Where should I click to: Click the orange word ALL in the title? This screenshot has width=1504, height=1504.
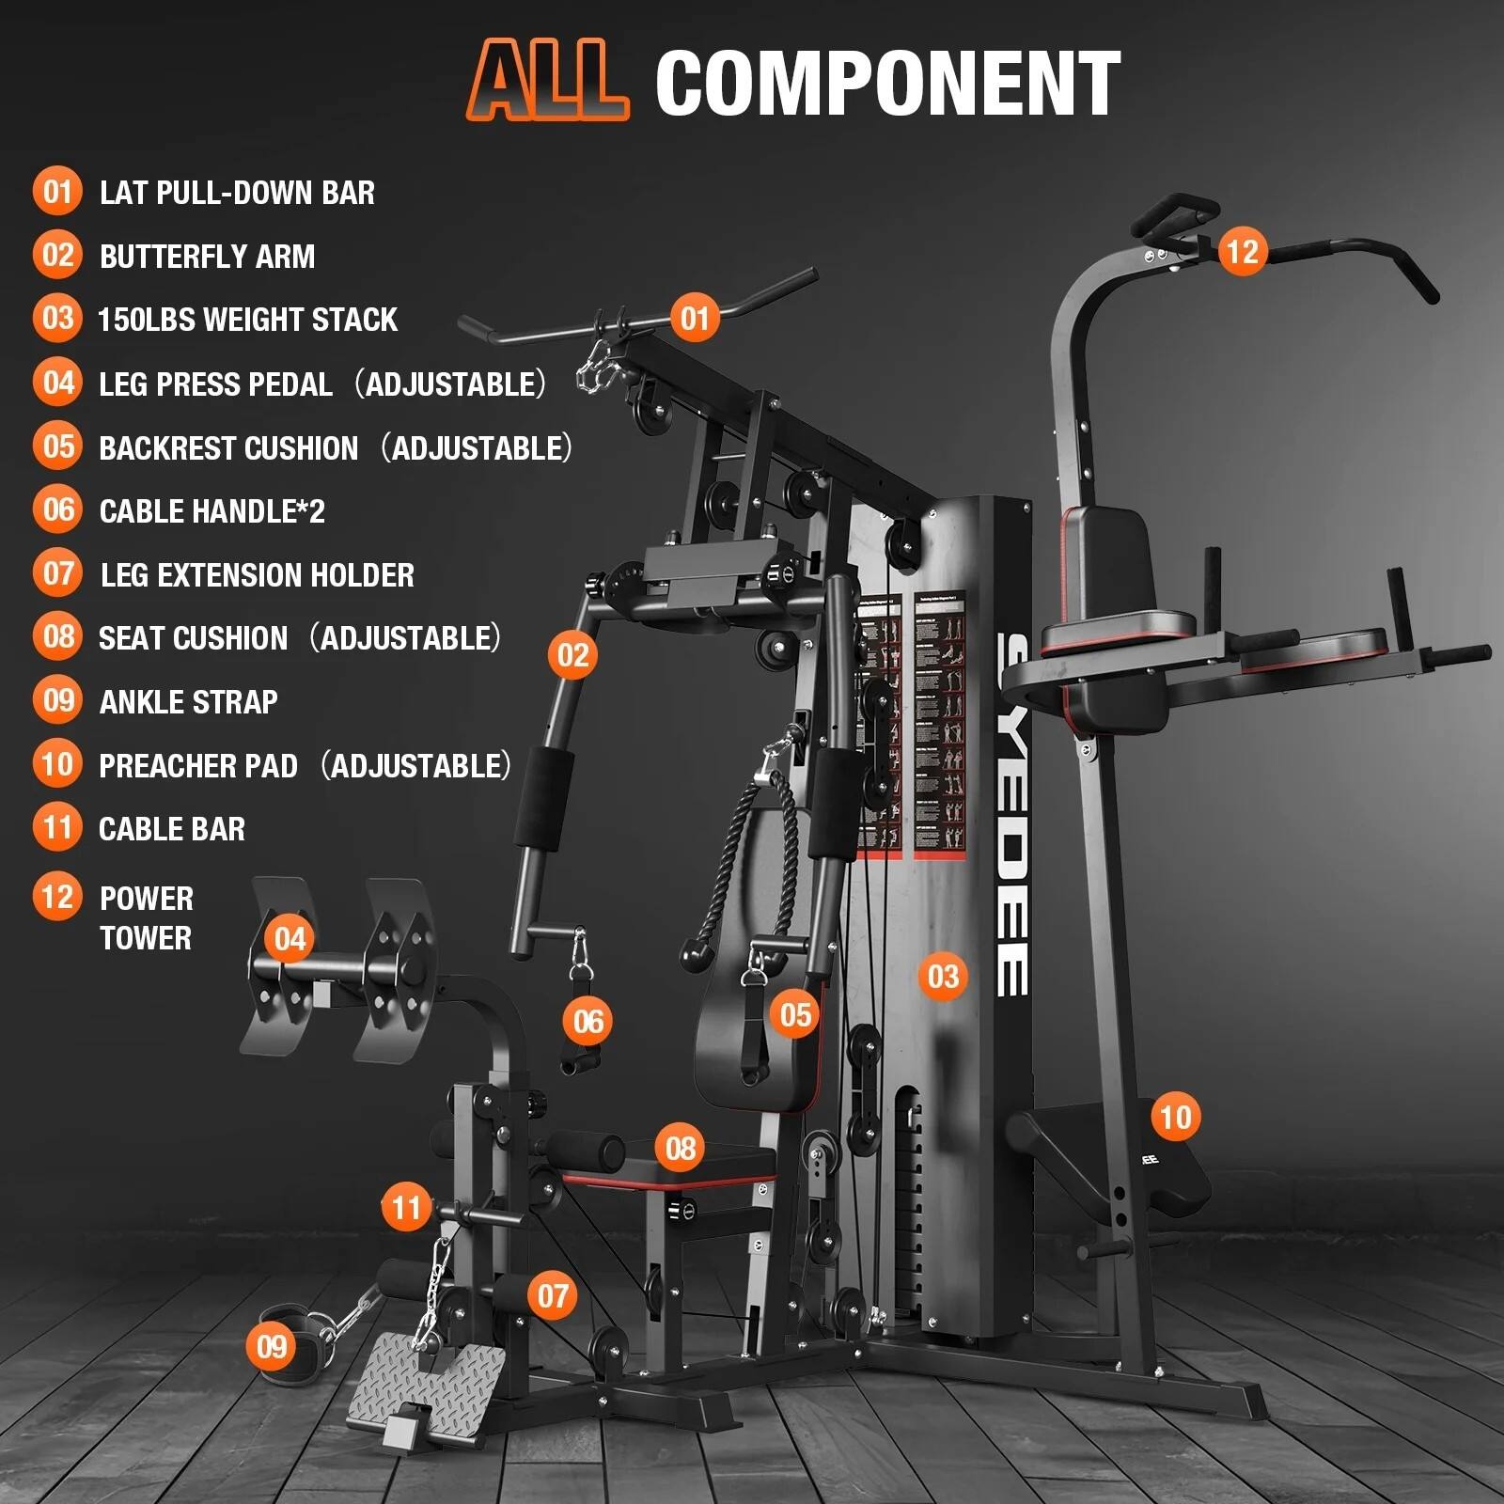point(549,82)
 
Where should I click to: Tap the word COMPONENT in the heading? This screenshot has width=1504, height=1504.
point(887,83)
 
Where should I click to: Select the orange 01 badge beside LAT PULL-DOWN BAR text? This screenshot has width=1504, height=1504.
point(57,192)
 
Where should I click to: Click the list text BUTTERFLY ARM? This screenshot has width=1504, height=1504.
point(207,257)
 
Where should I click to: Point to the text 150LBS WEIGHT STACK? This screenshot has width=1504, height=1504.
point(248,320)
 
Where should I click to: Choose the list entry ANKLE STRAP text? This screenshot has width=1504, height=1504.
point(188,702)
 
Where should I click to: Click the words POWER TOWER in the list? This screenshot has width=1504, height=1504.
point(146,917)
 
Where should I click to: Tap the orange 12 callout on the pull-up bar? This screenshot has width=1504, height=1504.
point(1242,251)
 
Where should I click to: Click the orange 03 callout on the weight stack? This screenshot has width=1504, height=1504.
point(943,977)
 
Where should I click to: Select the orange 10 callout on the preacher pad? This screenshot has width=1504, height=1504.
point(1175,1117)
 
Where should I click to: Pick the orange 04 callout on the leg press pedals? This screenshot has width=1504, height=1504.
point(290,939)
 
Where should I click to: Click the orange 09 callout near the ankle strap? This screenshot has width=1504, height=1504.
point(272,1346)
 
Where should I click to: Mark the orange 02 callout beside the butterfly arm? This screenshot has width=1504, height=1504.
point(572,654)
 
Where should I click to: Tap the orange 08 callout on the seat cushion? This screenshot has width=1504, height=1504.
point(681,1148)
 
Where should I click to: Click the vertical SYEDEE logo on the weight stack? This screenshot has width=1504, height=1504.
point(1012,813)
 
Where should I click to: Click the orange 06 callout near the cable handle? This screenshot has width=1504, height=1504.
point(588,1021)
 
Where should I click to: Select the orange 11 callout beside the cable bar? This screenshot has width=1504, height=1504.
point(406,1207)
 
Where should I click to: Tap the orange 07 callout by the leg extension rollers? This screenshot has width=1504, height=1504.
point(553,1296)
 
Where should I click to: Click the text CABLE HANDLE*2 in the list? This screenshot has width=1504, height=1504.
point(211,511)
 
